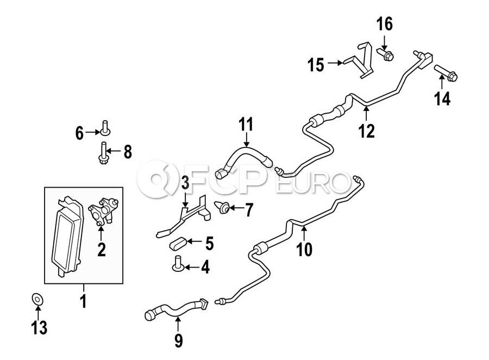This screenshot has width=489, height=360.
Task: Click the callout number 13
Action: click(x=39, y=327)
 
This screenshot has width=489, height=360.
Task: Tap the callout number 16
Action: click(x=384, y=24)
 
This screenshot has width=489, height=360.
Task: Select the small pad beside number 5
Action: click(x=178, y=242)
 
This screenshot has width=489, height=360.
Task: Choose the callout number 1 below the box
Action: click(x=83, y=301)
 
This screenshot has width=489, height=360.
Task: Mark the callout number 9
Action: click(x=178, y=341)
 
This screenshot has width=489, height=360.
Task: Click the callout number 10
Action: click(x=305, y=250)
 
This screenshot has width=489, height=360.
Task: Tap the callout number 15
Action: click(x=316, y=65)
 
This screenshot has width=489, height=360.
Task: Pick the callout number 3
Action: click(x=185, y=183)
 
